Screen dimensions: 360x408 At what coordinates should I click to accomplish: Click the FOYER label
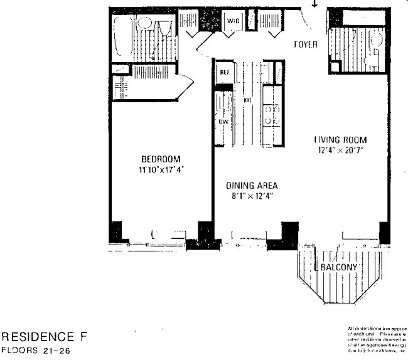(x=306, y=45)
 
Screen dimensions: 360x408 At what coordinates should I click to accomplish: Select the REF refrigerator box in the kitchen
(x=223, y=71)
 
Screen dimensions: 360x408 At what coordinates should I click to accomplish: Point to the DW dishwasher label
(x=223, y=122)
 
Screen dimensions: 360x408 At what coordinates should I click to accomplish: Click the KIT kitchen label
(x=247, y=100)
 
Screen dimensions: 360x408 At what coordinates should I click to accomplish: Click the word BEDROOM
(x=161, y=159)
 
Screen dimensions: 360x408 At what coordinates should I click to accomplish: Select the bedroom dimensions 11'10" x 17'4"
(x=161, y=169)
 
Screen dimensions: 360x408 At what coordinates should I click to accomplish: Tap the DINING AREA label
(x=252, y=186)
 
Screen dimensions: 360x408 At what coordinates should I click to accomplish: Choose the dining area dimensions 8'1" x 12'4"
(x=252, y=196)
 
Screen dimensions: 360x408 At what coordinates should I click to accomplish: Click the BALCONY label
(x=339, y=268)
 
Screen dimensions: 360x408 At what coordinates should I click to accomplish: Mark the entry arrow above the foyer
(x=315, y=4)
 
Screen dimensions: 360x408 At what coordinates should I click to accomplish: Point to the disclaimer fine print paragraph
(x=377, y=340)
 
